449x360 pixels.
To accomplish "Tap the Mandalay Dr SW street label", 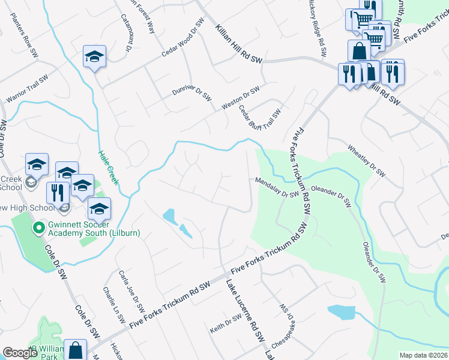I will pos(276,187).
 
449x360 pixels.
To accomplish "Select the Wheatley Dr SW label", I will pos(366,160).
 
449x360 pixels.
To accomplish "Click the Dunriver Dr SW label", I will pos(192,93).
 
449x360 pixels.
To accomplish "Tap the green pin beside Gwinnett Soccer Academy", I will pos(38,228).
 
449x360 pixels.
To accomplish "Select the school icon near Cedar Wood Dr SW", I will pos(94,56).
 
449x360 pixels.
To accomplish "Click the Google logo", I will pos(20,352).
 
